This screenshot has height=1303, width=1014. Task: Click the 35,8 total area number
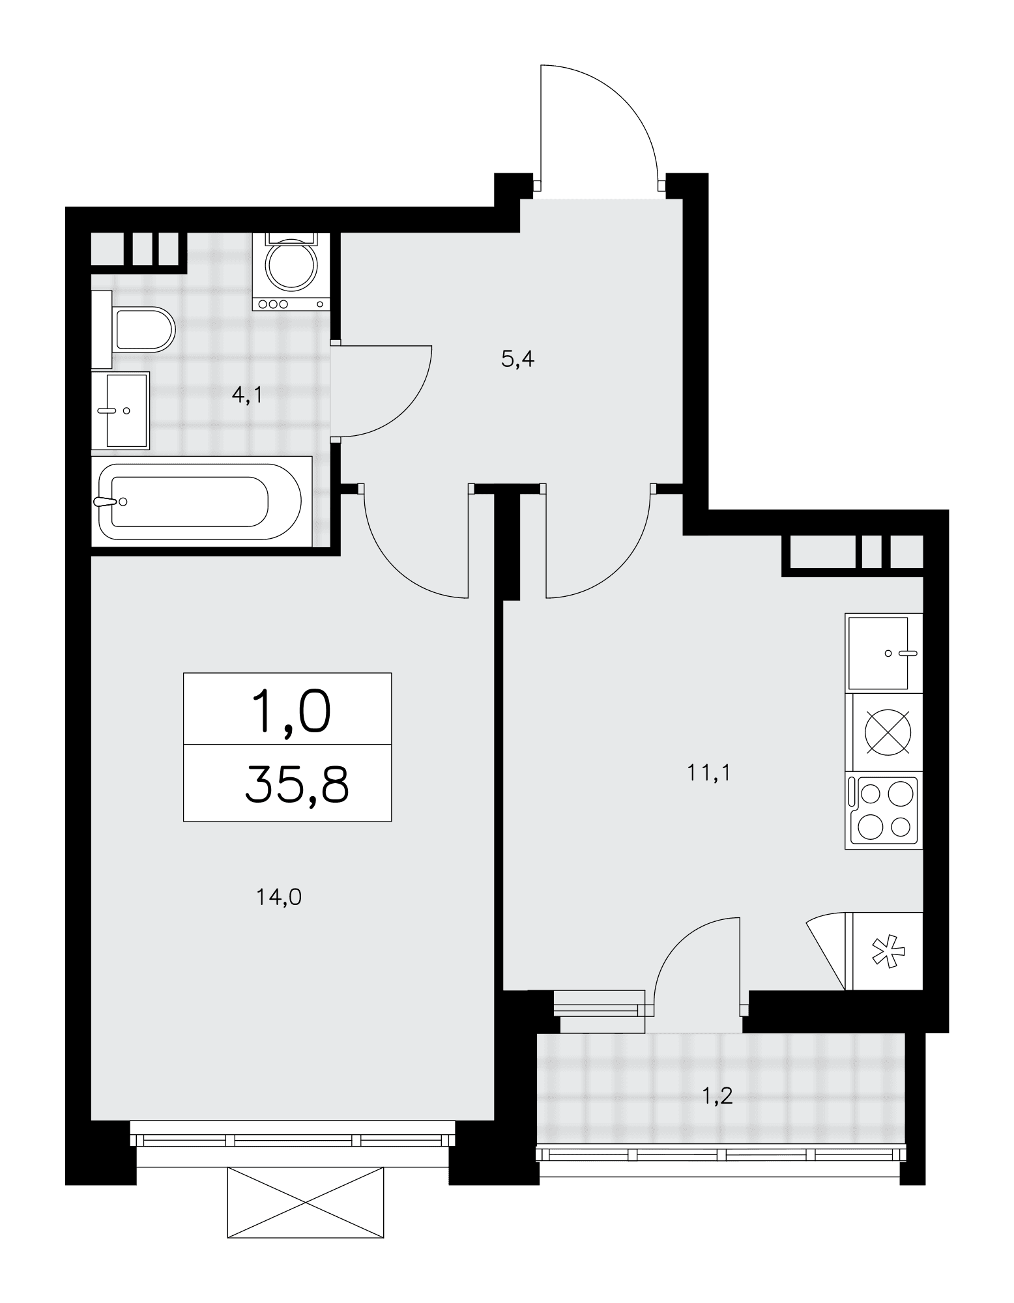coord(297,786)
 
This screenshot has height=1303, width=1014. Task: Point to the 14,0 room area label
coord(279,898)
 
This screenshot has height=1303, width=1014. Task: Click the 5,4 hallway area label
coord(518,359)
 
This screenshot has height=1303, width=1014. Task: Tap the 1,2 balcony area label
coord(717,1096)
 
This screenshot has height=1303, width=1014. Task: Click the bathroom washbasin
coord(121,410)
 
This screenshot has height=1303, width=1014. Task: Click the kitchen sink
coord(884,653)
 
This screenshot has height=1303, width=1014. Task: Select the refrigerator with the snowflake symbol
coord(884,951)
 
